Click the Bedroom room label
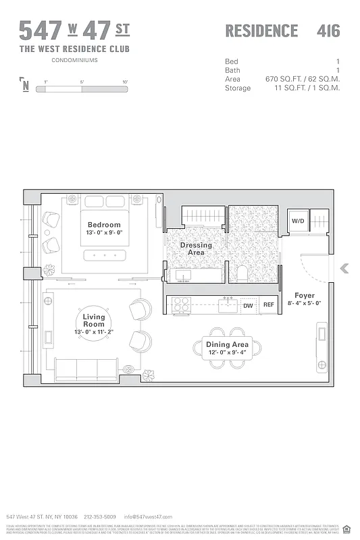104,225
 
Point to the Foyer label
305,296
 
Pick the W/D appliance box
298,221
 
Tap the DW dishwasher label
248,306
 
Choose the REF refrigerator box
269,306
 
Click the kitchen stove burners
181,306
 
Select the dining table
228,349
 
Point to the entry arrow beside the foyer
344,269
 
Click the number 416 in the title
328,31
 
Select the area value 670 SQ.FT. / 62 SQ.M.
303,79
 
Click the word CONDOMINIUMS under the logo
74,60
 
